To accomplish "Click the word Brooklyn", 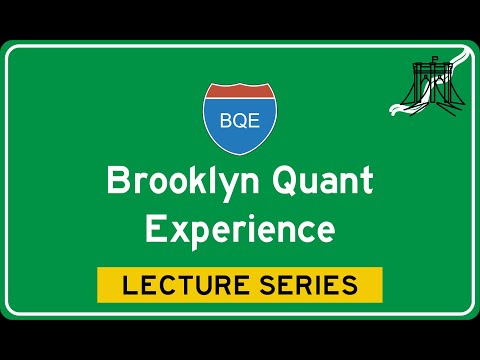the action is tap(183, 183).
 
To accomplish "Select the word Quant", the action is tap(322, 181).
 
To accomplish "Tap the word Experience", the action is tap(240, 230).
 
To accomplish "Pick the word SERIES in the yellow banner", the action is tap(309, 285).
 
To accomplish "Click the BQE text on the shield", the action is tap(240, 120).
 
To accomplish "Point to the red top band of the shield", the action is tap(240, 91).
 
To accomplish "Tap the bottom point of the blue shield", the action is tap(240, 155).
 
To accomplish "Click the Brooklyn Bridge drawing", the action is tap(431, 84).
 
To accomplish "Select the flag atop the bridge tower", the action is tap(435, 59).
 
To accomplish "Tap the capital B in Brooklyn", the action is tap(118, 180).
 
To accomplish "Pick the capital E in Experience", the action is tap(155, 228).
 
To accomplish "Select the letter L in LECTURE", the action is tap(129, 285).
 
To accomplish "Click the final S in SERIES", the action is tap(349, 285).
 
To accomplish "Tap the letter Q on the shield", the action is tap(240, 121).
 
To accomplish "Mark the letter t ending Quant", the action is tap(367, 182).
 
